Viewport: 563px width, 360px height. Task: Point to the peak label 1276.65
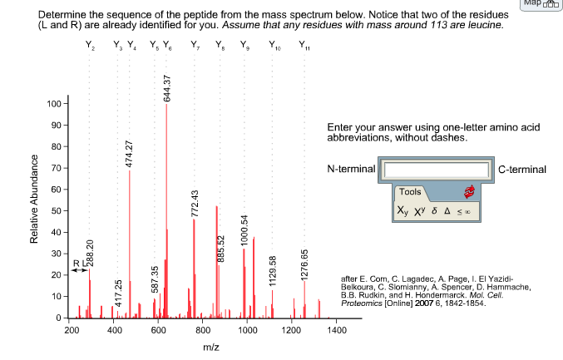click(304, 264)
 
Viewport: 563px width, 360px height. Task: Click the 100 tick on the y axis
click(55, 104)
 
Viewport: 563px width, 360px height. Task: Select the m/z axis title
click(211, 346)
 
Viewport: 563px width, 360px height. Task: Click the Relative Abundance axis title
click(35, 211)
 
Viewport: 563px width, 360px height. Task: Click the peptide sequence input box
click(437, 169)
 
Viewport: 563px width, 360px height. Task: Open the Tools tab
click(412, 192)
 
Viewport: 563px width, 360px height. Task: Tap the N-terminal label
click(351, 170)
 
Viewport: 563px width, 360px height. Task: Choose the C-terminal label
click(522, 170)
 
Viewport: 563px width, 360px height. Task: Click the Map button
click(541, 4)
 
